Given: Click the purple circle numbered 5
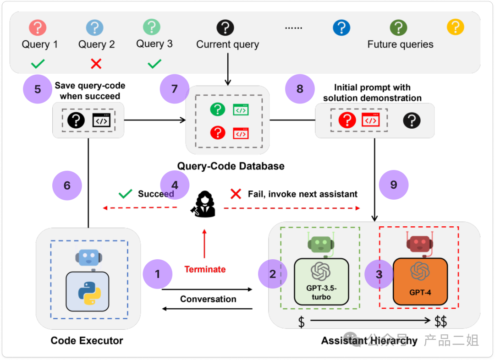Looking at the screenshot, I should coord(38,89).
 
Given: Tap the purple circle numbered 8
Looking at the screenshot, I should coord(300,89).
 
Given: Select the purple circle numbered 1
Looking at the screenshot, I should coord(158,274).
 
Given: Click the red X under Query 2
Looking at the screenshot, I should coord(96,64).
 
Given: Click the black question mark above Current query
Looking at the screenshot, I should coord(226,27).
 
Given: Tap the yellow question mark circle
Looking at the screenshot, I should coord(456,27).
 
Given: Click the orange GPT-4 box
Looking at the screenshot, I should coord(420,281).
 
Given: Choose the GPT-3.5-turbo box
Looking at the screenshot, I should coord(321,281).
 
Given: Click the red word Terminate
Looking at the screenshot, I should coord(205,269).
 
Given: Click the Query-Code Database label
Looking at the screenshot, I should coord(231,166).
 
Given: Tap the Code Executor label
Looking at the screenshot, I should coord(87,340).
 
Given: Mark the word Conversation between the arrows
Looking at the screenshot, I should coord(208,299).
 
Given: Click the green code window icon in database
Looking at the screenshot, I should coord(241,109).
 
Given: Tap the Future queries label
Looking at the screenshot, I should coord(400,44).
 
